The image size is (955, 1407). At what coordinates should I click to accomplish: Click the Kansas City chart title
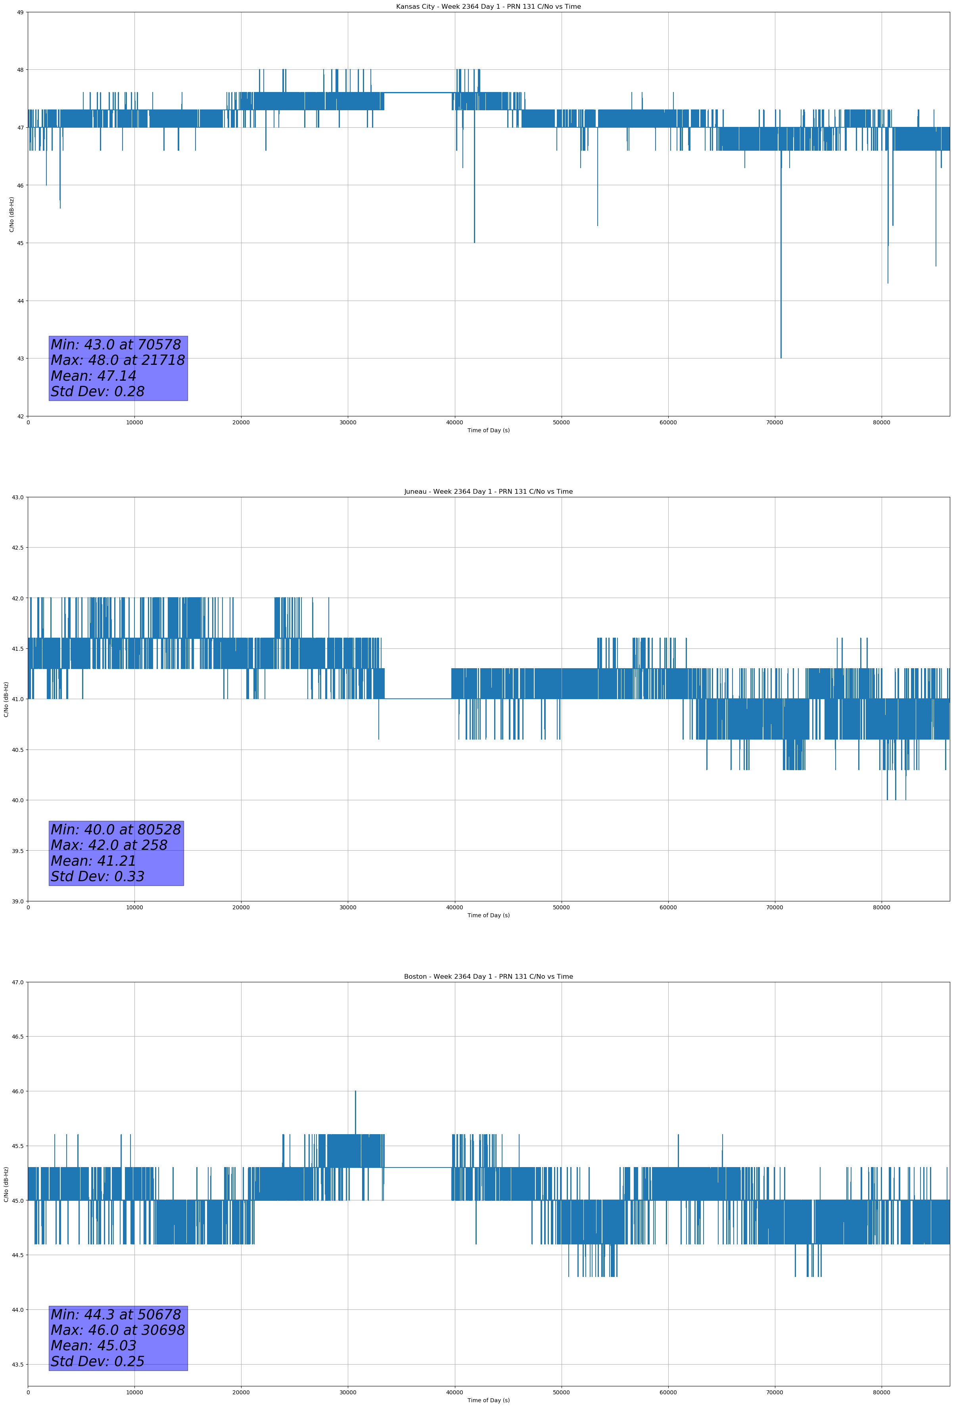click(488, 7)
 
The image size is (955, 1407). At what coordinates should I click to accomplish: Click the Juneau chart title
click(488, 492)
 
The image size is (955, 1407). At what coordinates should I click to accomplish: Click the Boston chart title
click(488, 977)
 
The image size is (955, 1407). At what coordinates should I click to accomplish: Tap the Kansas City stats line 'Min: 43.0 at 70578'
click(116, 345)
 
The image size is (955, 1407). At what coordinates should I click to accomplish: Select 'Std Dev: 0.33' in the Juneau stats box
click(98, 876)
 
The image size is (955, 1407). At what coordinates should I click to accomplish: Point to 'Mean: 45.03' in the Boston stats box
click(93, 1345)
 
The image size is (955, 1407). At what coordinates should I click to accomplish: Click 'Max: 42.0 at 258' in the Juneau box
click(109, 845)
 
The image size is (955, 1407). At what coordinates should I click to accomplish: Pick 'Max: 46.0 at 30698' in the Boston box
click(117, 1330)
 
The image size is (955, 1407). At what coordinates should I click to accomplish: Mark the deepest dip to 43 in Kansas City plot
click(780, 357)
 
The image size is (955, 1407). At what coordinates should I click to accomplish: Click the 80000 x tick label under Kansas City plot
click(881, 423)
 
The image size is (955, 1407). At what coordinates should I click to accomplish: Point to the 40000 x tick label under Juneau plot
click(454, 907)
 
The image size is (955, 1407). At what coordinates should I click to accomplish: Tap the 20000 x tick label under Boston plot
click(241, 1392)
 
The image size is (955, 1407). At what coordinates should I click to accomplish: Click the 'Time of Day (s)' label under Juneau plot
click(488, 915)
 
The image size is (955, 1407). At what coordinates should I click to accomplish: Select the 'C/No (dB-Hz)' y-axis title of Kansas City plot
click(12, 214)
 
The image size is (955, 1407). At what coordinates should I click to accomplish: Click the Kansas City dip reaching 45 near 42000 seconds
click(474, 242)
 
